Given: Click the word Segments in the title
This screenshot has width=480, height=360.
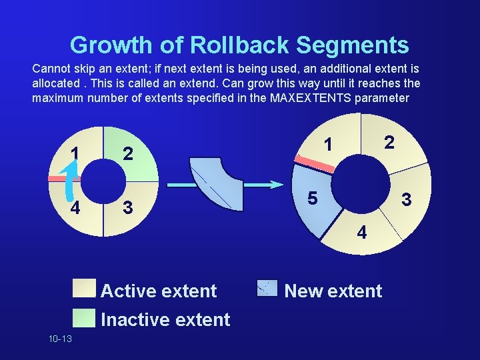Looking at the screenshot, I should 353,45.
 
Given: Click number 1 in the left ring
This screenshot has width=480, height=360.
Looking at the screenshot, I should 76,154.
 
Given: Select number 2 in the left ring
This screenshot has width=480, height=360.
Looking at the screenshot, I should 129,155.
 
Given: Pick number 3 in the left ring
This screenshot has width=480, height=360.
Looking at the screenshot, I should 128,208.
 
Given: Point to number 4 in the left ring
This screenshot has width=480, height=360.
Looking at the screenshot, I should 76,208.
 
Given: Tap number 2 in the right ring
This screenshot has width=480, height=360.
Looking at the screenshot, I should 389,141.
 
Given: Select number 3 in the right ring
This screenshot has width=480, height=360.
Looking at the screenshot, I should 405,199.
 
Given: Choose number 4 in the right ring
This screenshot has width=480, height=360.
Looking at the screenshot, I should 361,233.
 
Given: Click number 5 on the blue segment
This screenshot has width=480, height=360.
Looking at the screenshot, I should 311,199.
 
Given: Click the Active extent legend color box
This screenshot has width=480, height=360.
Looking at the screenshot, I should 85,288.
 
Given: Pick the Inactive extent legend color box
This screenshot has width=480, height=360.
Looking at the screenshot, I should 85,317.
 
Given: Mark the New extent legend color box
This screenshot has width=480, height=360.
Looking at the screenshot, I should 267,287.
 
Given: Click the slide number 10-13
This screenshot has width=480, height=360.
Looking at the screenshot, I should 60,339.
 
